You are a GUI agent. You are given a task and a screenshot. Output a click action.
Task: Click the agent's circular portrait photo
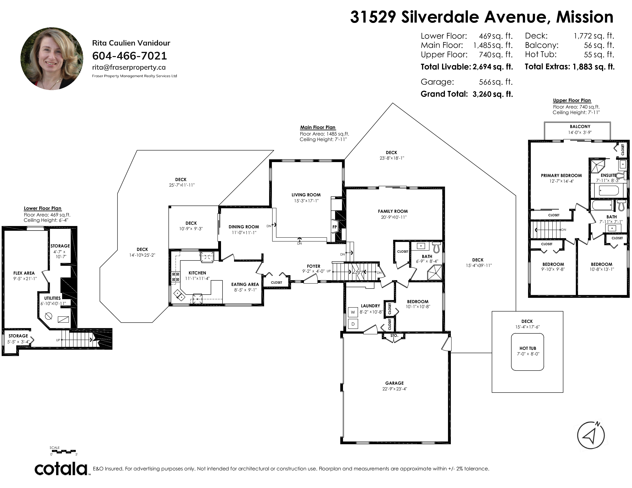pos(52,59)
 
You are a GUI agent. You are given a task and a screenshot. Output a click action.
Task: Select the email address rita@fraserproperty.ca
pos(129,67)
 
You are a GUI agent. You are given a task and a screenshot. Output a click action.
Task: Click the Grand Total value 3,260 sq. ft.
pos(493,94)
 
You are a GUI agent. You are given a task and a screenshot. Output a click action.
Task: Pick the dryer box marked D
pos(353,324)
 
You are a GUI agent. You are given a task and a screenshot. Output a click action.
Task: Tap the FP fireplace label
pos(335,227)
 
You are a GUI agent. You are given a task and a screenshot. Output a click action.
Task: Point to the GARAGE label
pos(394,383)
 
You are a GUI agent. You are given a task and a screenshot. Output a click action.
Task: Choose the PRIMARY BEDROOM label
pos(561,175)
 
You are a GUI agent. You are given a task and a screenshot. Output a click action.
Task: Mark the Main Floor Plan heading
pos(318,127)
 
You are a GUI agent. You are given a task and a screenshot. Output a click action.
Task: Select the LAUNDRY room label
pos(370,306)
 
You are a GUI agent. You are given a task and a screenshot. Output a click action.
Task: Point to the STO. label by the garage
pos(394,336)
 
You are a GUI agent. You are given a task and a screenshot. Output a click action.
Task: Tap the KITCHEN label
pos(197,273)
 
